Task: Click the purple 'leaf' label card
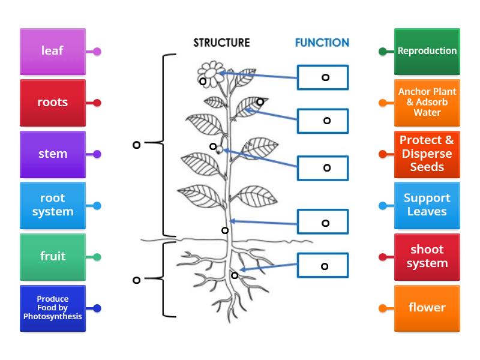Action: point(52,51)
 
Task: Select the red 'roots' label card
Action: point(52,103)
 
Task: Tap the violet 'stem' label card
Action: point(52,154)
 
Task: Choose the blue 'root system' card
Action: point(52,205)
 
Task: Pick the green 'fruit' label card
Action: point(52,257)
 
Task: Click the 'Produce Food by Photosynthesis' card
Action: point(52,308)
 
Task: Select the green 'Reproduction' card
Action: point(427,51)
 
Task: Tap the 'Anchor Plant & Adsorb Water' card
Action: point(427,103)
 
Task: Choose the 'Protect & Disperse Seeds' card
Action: point(427,154)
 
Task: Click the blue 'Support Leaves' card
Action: point(427,205)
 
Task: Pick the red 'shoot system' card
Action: point(427,257)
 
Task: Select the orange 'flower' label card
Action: point(427,308)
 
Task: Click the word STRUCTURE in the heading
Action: point(221,43)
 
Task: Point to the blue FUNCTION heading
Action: point(322,43)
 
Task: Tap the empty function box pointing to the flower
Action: point(323,77)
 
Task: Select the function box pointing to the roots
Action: point(323,266)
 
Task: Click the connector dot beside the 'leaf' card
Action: point(97,52)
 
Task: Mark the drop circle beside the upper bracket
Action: point(136,145)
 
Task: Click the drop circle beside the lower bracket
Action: point(136,280)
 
